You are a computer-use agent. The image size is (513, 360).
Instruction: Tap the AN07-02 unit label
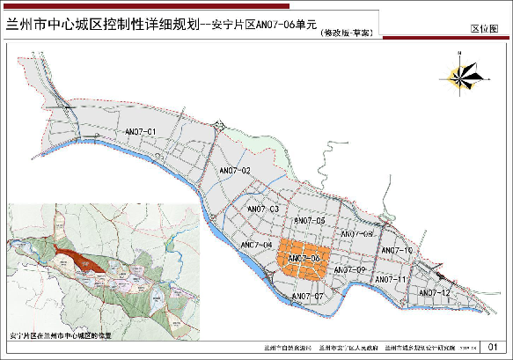[235, 169]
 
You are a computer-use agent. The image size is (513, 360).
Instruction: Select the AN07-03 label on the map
[263, 209]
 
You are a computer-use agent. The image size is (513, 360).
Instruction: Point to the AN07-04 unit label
[255, 245]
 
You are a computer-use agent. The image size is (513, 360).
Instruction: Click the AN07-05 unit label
[310, 220]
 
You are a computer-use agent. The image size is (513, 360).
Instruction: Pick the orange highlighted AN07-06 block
[303, 258]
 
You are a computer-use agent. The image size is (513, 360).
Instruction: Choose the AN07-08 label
[356, 233]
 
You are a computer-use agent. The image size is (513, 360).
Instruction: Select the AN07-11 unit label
[390, 279]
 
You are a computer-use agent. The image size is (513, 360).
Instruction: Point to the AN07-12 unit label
[435, 292]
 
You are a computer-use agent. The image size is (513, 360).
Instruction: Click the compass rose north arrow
[463, 70]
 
